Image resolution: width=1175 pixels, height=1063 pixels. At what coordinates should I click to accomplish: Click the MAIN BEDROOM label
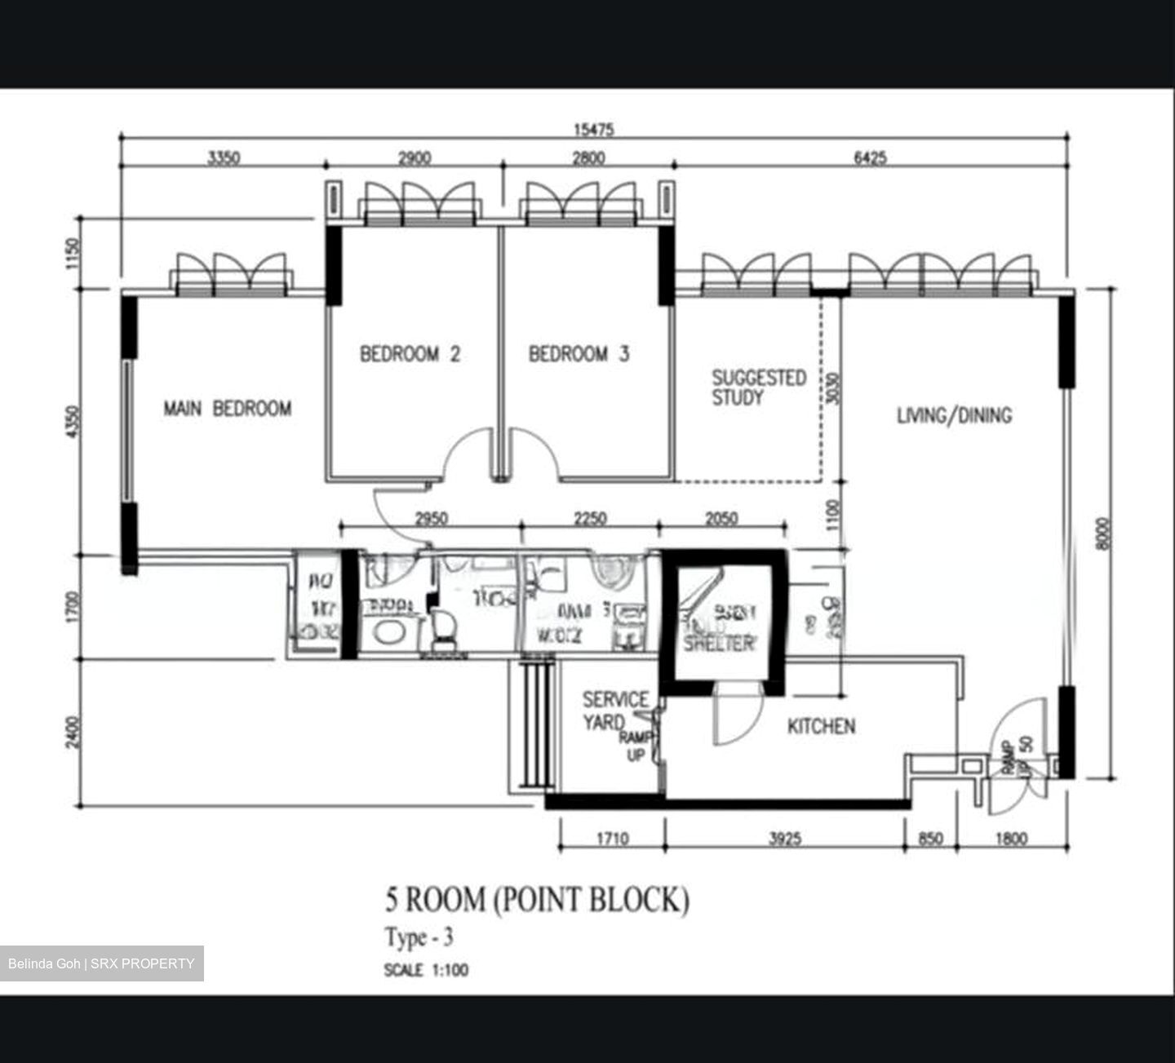tap(227, 408)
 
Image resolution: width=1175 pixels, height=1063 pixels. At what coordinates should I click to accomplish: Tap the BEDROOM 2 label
tap(410, 354)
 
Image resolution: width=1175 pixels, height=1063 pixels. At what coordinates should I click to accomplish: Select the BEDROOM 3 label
tap(579, 354)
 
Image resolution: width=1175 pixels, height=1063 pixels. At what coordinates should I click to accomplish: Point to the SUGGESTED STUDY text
tap(759, 388)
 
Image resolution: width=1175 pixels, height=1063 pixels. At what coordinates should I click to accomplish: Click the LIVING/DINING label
tap(954, 415)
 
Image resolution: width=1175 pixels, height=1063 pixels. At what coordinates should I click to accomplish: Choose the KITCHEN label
tap(821, 726)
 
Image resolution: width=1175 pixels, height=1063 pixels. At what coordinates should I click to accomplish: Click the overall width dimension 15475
tap(593, 129)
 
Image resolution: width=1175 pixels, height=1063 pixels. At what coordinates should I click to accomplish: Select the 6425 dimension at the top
tap(870, 158)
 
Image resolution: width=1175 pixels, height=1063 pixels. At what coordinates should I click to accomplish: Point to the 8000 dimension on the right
tap(1103, 534)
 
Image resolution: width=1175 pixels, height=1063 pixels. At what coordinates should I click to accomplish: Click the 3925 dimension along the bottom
tap(784, 838)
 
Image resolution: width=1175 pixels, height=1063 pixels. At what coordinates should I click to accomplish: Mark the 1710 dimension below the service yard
tap(611, 838)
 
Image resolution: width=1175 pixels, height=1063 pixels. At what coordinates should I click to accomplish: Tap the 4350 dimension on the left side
tap(74, 422)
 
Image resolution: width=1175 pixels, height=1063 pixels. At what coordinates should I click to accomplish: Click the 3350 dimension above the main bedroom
tap(223, 158)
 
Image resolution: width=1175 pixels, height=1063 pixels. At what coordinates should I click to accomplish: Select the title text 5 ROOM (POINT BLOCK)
tap(537, 900)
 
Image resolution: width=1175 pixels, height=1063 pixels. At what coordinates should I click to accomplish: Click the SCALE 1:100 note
tap(426, 970)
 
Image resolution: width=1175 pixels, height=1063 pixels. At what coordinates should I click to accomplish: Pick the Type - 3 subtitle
tap(419, 938)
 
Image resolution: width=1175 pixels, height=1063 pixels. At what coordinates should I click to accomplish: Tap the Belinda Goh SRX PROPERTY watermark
tap(101, 963)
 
